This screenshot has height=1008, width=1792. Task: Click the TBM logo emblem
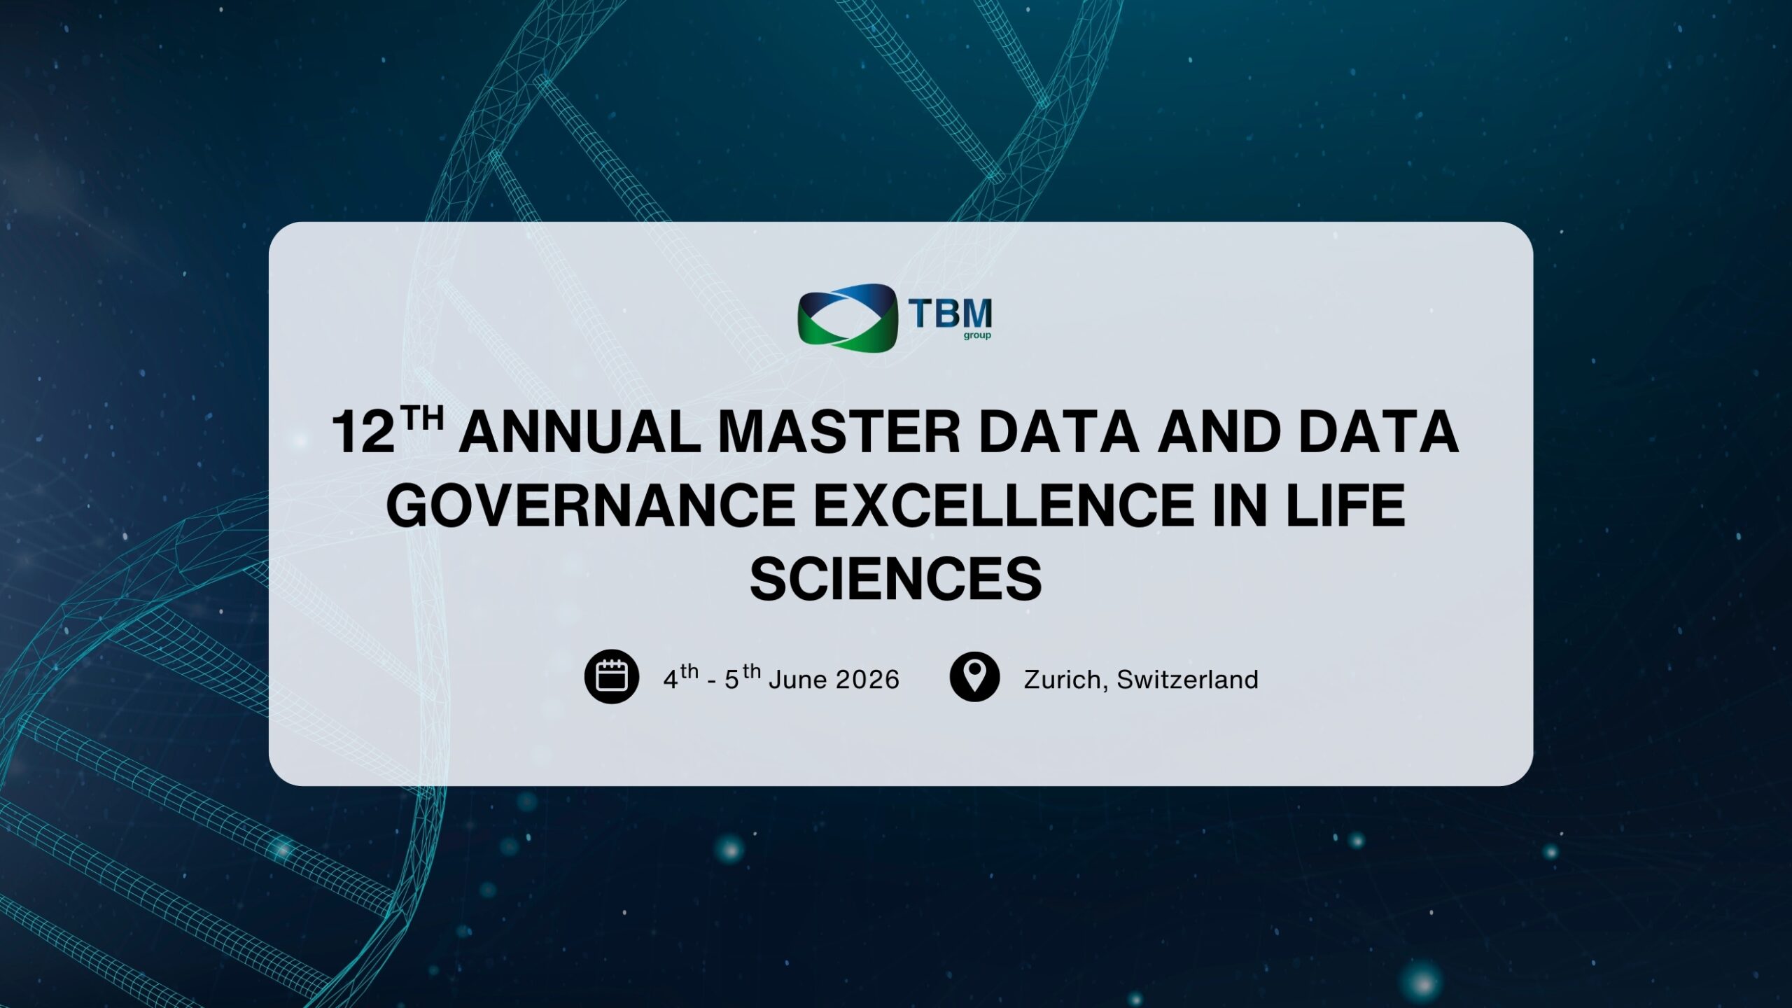[847, 317]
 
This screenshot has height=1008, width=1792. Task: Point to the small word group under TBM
[977, 335]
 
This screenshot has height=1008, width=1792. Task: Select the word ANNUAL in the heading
[579, 432]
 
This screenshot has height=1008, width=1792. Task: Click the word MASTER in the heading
[839, 432]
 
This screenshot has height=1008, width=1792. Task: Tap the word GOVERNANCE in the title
[590, 505]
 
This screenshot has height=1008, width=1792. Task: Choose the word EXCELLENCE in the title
[1003, 505]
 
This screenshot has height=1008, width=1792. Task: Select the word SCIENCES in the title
[895, 579]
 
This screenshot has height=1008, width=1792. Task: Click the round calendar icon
[612, 677]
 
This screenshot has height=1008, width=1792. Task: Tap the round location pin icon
[974, 677]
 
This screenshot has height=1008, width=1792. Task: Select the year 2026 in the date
[868, 680]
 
